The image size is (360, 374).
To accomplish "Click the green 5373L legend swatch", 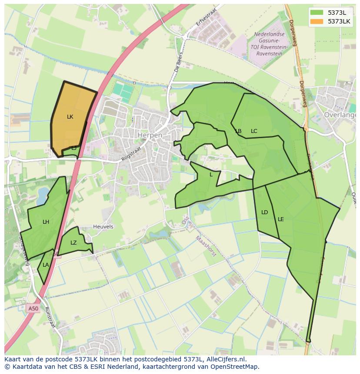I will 317,12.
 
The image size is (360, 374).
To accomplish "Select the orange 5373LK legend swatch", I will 317,21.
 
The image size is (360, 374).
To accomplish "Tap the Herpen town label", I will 150,135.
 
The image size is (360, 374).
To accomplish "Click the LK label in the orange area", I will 70,117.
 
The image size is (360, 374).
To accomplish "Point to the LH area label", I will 46,222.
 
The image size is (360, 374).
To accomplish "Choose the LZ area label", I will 73,243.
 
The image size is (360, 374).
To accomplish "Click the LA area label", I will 46,265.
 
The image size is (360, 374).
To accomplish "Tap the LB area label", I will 238,131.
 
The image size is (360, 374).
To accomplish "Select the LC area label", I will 254,131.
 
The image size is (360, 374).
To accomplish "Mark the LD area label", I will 264,212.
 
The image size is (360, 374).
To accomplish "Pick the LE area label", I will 280,219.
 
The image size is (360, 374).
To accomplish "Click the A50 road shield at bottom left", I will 33,309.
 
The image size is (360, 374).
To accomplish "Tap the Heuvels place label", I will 103,227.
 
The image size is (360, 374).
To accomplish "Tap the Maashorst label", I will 205,246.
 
